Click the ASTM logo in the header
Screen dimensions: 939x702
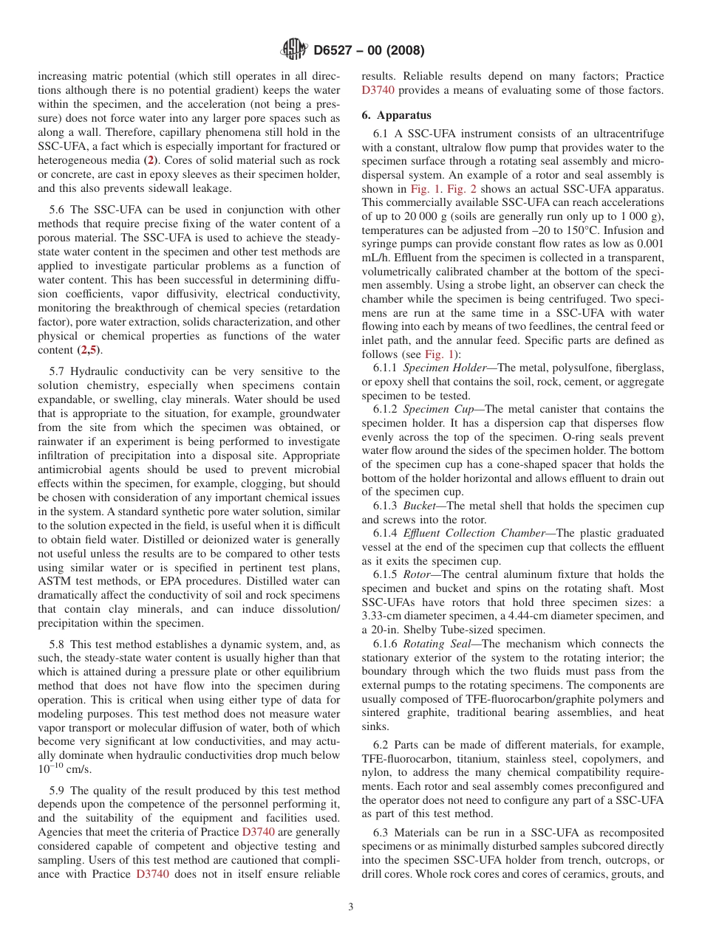(x=293, y=50)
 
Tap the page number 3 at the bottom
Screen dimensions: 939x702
(x=351, y=907)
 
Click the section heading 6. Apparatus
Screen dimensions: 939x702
(x=397, y=115)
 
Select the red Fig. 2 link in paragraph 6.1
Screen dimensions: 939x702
(x=455, y=189)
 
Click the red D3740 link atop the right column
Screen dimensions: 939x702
(x=378, y=90)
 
